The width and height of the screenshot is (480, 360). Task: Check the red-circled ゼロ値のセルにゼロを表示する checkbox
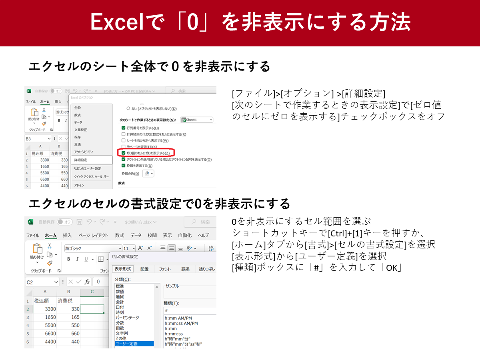click(124, 153)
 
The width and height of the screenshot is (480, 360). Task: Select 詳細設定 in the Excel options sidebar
click(81, 160)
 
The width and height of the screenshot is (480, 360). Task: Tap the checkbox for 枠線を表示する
click(124, 166)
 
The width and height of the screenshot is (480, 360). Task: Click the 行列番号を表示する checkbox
click(124, 128)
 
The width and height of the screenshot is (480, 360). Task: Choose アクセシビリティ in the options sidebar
click(84, 152)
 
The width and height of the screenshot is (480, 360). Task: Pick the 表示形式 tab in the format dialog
click(122, 269)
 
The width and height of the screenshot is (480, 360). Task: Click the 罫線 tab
click(185, 269)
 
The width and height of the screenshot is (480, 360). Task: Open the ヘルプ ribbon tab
click(203, 235)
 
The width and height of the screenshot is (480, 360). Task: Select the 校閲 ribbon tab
click(152, 235)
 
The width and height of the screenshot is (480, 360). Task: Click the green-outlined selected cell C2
click(92, 309)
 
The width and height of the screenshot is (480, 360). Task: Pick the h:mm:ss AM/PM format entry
click(181, 323)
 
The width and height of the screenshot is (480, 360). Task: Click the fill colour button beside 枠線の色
click(148, 173)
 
